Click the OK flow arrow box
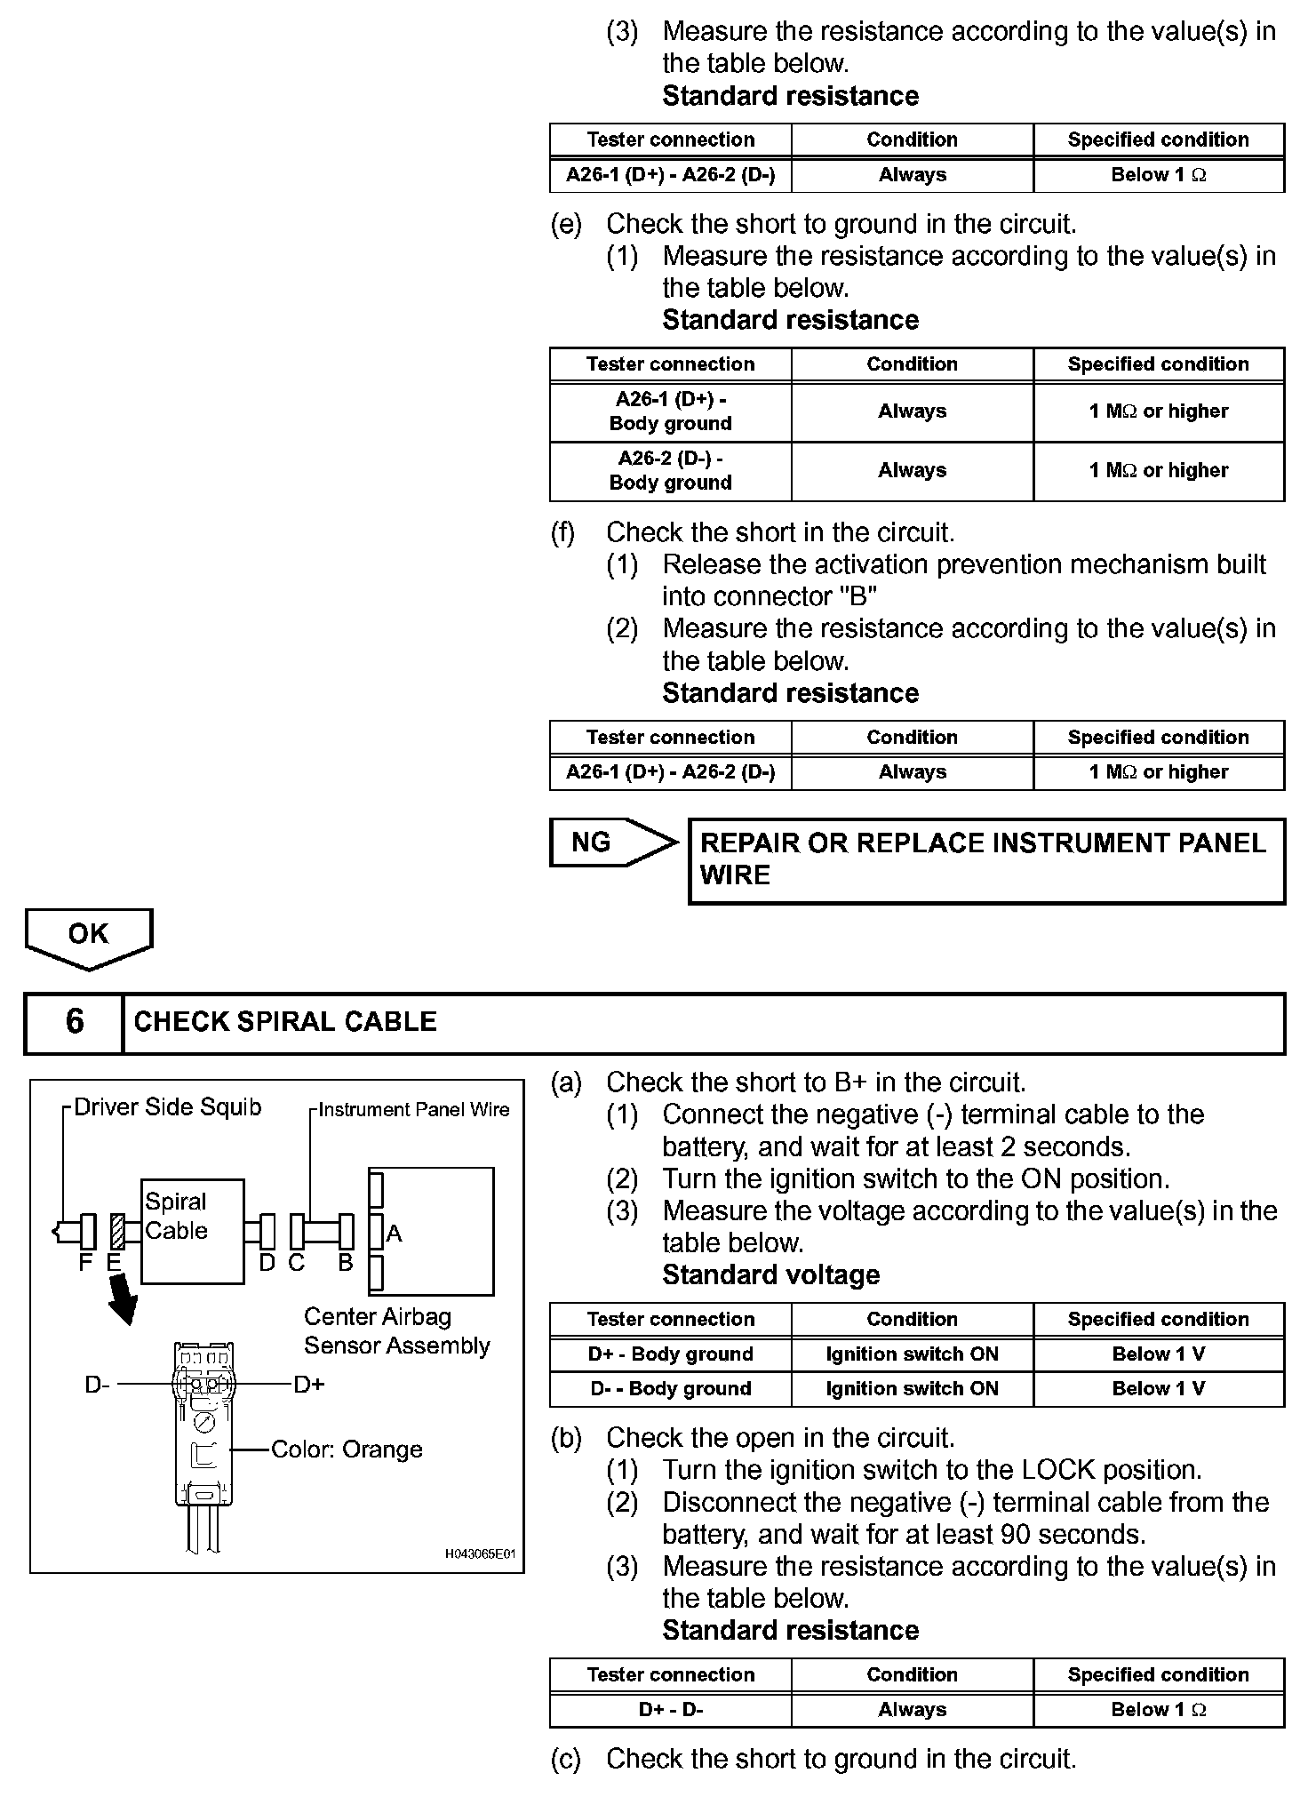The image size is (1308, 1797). click(x=89, y=936)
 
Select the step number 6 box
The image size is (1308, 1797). click(x=75, y=1022)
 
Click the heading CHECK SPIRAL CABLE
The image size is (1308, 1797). click(x=285, y=1022)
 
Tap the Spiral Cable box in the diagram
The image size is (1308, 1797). click(x=192, y=1230)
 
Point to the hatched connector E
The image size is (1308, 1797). click(x=116, y=1232)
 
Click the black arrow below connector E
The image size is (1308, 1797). click(x=123, y=1300)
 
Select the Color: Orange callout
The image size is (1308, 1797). click(x=346, y=1450)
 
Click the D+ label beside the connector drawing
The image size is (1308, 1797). click(x=309, y=1385)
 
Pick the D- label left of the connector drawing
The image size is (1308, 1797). click(x=98, y=1385)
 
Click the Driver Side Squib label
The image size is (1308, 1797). click(x=167, y=1107)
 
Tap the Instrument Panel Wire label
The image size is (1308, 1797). click(x=413, y=1110)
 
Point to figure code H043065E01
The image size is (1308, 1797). click(x=480, y=1554)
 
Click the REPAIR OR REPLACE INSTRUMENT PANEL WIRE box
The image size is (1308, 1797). click(x=986, y=860)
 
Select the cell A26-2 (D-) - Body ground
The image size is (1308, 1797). click(x=671, y=471)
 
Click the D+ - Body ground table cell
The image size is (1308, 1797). click(x=671, y=1354)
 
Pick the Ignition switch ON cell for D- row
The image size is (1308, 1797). click(x=912, y=1389)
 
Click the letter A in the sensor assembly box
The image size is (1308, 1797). click(x=395, y=1234)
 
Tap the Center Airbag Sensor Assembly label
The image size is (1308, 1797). click(x=396, y=1331)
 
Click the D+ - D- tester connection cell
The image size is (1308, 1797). click(x=671, y=1709)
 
